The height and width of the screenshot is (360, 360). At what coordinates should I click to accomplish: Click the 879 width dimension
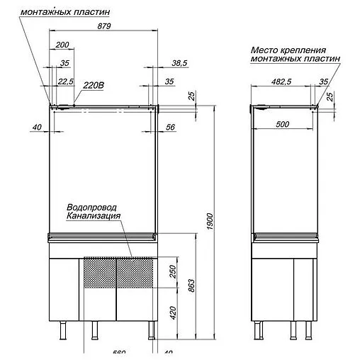[103, 27]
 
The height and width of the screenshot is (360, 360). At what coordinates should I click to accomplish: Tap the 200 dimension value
[62, 45]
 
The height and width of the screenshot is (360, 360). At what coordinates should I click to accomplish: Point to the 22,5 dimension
[66, 81]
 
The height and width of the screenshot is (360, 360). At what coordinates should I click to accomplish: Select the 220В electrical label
[94, 85]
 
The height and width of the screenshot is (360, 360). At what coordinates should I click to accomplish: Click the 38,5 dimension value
[180, 63]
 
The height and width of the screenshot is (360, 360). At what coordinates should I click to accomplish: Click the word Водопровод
[92, 206]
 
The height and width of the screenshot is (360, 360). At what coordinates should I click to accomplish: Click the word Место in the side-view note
[265, 51]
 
